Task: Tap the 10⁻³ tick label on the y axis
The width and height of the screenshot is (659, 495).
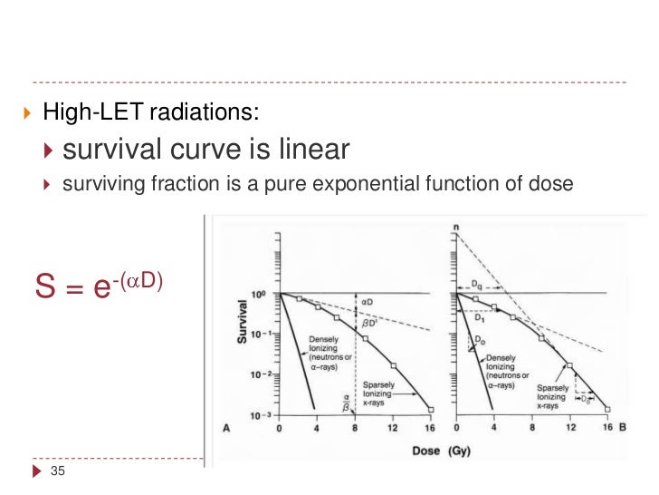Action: (260, 414)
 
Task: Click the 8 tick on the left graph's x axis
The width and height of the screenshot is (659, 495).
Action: (356, 427)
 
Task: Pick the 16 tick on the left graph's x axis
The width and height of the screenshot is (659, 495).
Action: (429, 427)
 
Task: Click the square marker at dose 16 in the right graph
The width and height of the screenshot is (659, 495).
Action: (607, 409)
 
